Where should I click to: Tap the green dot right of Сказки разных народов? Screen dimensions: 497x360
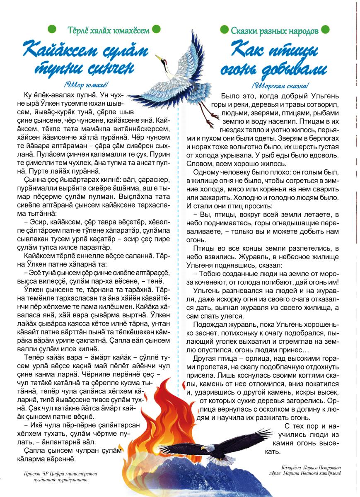coord(326,29)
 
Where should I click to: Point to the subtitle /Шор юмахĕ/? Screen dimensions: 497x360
coord(86,85)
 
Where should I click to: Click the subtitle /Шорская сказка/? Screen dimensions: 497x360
coord(280,86)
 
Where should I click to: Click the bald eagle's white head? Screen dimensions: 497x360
coord(210,448)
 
